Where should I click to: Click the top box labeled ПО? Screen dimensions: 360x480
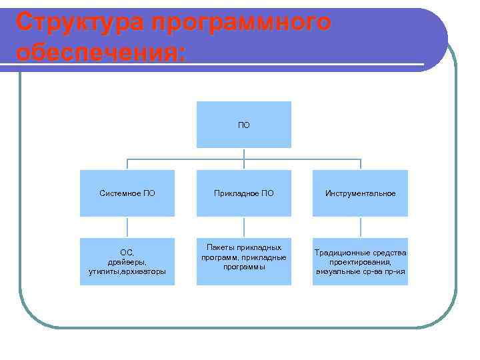[243, 124]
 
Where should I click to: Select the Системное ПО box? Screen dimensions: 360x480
[127, 193]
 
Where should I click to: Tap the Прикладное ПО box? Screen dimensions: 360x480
[243, 193]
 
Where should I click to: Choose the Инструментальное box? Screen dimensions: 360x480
[360, 193]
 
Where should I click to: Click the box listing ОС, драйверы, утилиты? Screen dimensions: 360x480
[127, 261]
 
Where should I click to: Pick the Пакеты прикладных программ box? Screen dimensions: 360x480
[243, 261]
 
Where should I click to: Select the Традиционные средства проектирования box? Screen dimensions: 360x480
[360, 261]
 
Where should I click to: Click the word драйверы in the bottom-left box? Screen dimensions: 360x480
[127, 262]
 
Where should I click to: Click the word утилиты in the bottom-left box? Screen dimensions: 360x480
[105, 271]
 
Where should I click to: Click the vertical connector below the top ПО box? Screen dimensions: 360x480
[244, 154]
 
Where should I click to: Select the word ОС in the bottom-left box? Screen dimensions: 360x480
[127, 252]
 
